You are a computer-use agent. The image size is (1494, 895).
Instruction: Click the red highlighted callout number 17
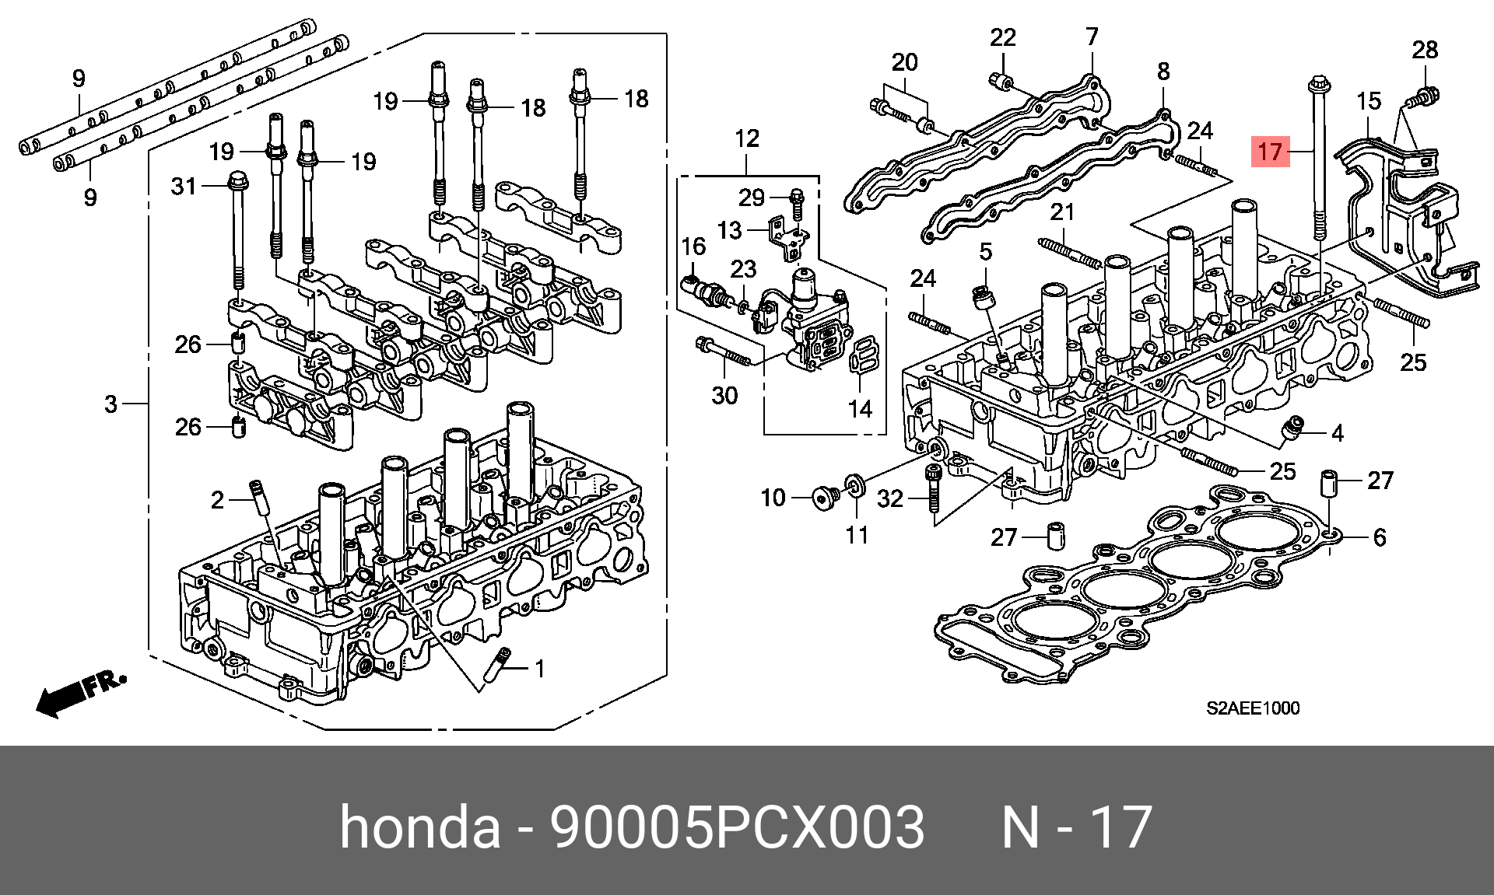(x=1269, y=151)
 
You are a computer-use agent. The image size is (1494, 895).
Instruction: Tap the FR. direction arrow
(x=81, y=692)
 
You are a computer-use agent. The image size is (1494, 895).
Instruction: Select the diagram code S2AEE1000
(x=1253, y=708)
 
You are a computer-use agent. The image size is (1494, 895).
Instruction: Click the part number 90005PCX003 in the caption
(x=737, y=827)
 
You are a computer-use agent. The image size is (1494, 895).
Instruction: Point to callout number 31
(x=184, y=187)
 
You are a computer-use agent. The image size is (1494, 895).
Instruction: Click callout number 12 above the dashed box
(x=746, y=138)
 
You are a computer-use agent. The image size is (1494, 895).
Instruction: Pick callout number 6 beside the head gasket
(x=1379, y=537)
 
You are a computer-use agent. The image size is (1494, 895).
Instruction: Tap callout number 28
(x=1425, y=50)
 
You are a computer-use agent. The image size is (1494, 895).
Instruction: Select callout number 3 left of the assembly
(x=111, y=404)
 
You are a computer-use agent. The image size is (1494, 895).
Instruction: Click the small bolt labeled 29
(x=796, y=201)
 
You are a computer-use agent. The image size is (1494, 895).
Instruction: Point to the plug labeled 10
(x=824, y=498)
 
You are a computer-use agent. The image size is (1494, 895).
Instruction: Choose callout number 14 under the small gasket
(x=860, y=408)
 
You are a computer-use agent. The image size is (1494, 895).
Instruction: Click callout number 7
(x=1092, y=37)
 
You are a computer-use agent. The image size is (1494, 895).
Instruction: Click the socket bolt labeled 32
(x=933, y=486)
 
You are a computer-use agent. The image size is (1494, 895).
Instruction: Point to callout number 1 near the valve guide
(x=539, y=669)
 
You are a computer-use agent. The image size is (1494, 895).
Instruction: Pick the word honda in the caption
(x=420, y=827)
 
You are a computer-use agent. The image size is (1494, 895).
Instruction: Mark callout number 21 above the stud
(x=1061, y=212)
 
